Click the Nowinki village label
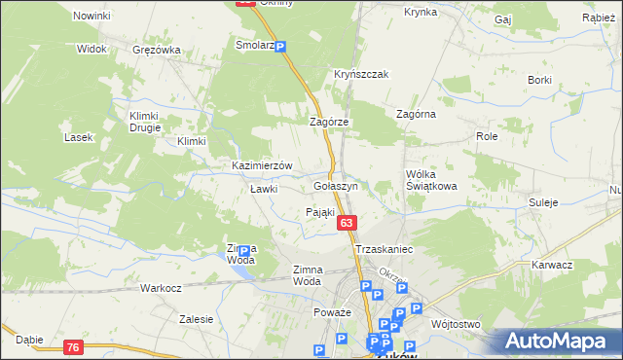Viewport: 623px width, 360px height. coord(92,17)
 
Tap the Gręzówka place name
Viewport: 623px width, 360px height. coord(156,50)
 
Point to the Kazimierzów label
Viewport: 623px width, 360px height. coord(262,166)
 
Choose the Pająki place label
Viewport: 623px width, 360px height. coord(320,212)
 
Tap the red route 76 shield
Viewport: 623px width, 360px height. coord(73,346)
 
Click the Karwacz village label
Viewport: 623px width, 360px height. coord(552,265)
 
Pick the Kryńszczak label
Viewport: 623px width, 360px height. coord(361,75)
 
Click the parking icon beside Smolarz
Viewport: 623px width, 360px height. coord(280,47)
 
